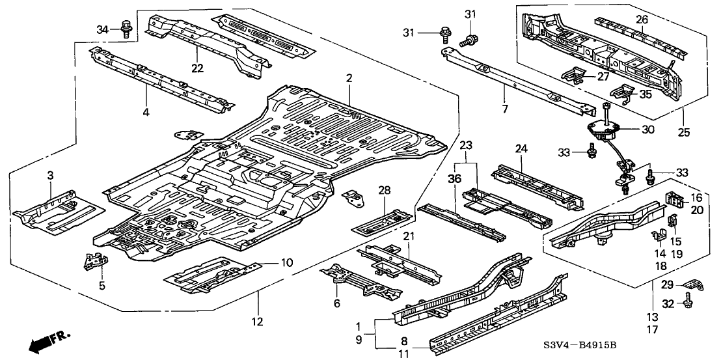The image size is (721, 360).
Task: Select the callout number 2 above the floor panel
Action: pos(349,78)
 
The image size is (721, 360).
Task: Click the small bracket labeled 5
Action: pos(94,262)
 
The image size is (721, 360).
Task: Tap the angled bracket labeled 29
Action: pos(690,284)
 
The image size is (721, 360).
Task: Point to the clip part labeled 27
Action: pos(579,77)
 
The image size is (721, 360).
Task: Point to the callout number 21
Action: pos(408,236)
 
